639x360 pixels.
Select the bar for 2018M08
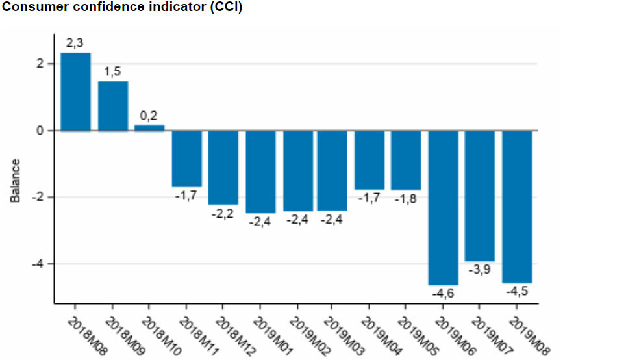pyautogui.click(x=76, y=91)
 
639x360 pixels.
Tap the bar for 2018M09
pyautogui.click(x=113, y=105)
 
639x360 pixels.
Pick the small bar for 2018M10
pyautogui.click(x=149, y=127)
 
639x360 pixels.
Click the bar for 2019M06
pyautogui.click(x=444, y=207)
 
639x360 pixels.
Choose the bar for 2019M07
pyautogui.click(x=480, y=196)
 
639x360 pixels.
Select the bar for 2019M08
pyautogui.click(x=517, y=206)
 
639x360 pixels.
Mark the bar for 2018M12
pyautogui.click(x=223, y=167)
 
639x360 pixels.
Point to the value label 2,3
pyautogui.click(x=75, y=44)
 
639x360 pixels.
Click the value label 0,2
pyautogui.click(x=149, y=116)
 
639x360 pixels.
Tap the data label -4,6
pyautogui.click(x=444, y=293)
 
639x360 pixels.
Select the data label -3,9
pyautogui.click(x=480, y=270)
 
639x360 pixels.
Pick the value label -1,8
pyautogui.click(x=406, y=199)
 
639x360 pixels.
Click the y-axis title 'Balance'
pyautogui.click(x=16, y=180)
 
